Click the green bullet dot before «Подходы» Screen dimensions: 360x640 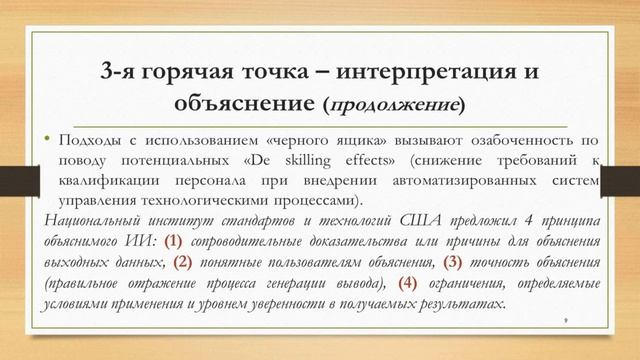pyautogui.click(x=46, y=137)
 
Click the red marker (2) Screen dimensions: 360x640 pyautogui.click(x=183, y=262)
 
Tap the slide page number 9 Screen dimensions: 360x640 pyautogui.click(x=567, y=319)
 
